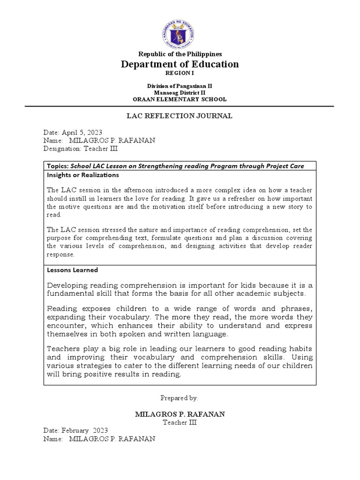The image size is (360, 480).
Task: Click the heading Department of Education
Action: tap(180, 64)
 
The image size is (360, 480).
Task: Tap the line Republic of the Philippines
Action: tap(180, 54)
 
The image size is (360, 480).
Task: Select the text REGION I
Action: tap(180, 74)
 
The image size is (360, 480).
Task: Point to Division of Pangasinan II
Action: tap(180, 86)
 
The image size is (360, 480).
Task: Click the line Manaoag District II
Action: tap(180, 92)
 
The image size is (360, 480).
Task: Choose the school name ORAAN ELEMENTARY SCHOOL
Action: tap(180, 99)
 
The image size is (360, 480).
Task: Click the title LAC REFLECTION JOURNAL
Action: tap(180, 116)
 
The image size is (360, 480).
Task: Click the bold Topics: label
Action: tap(58, 166)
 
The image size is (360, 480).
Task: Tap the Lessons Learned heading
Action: tap(72, 270)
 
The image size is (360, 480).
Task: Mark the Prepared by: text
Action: tap(180, 397)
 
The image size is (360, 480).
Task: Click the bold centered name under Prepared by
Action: tap(180, 414)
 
